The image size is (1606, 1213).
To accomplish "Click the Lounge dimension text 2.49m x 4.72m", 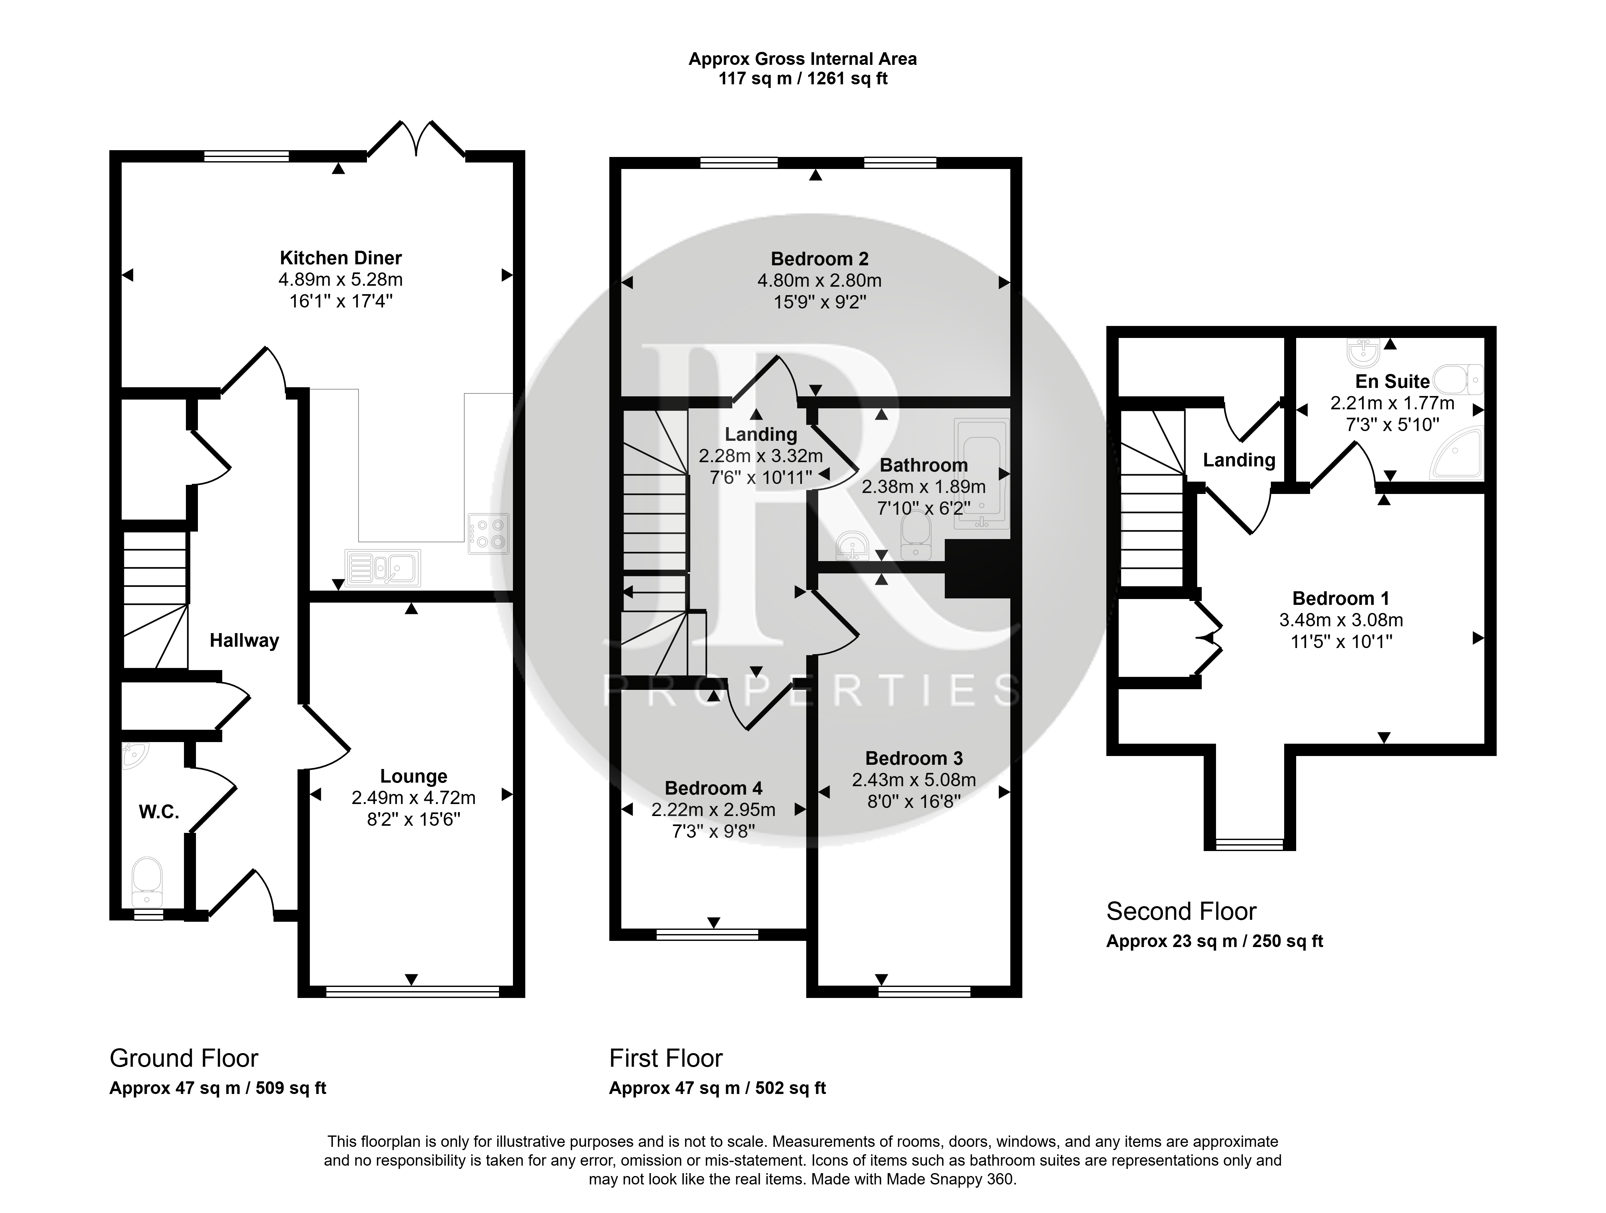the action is [413, 798].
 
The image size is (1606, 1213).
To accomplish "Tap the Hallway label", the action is [244, 640].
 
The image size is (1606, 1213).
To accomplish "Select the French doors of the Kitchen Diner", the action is [416, 138].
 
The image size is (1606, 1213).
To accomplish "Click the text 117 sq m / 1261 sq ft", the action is [803, 78].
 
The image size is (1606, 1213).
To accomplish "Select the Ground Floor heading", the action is [184, 1058].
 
